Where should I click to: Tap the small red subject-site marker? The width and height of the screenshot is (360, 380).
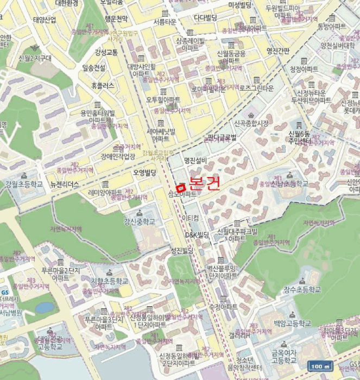coord(181,187)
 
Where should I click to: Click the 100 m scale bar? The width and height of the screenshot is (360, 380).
coord(320,367)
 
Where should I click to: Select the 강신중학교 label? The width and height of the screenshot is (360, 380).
coord(140,221)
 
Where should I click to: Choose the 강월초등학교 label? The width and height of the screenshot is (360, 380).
coord(24,184)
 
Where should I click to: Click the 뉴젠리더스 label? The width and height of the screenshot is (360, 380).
coord(65,184)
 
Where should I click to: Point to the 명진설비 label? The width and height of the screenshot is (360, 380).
coord(195,160)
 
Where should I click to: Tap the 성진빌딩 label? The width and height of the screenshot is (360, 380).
coord(181,250)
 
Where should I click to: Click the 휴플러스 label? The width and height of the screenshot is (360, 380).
coord(103,86)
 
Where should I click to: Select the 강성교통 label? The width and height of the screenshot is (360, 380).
coord(106,52)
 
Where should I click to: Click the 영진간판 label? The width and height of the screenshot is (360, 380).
coord(278,52)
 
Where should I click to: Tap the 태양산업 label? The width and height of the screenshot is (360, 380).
coord(45,20)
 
